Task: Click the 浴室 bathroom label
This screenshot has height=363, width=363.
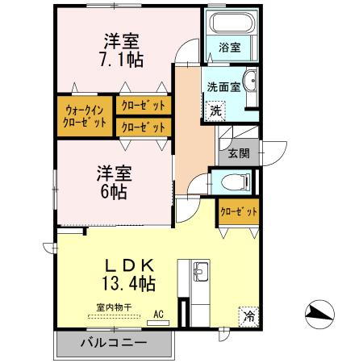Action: click(229, 48)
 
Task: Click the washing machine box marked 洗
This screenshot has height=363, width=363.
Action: click(215, 110)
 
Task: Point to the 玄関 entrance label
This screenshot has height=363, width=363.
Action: click(239, 153)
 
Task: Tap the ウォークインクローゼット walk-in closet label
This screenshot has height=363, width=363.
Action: click(84, 117)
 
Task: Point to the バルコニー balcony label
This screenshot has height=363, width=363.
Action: click(113, 343)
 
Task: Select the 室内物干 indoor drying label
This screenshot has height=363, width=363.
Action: click(114, 307)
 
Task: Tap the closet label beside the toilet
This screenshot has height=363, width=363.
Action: click(240, 211)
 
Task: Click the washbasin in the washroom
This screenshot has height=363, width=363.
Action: click(249, 81)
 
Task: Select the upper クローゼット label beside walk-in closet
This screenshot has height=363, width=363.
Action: click(144, 106)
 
